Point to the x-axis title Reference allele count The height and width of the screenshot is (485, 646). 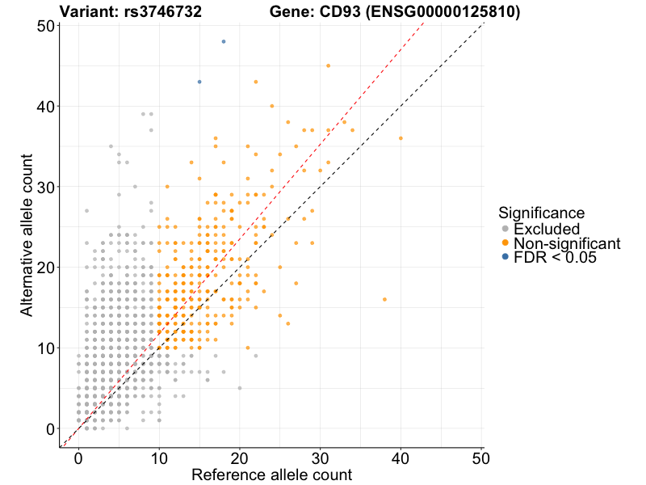click(271, 474)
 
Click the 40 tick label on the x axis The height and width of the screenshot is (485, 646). click(401, 457)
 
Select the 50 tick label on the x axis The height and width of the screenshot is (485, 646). click(482, 457)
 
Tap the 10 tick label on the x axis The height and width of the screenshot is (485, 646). click(159, 457)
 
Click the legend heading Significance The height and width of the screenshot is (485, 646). click(541, 213)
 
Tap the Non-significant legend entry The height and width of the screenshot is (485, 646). click(566, 243)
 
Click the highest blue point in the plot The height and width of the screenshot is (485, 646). click(224, 41)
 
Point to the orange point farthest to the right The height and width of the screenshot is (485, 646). click(401, 138)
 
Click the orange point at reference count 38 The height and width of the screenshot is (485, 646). click(384, 299)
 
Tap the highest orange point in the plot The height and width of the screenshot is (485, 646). click(328, 65)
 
